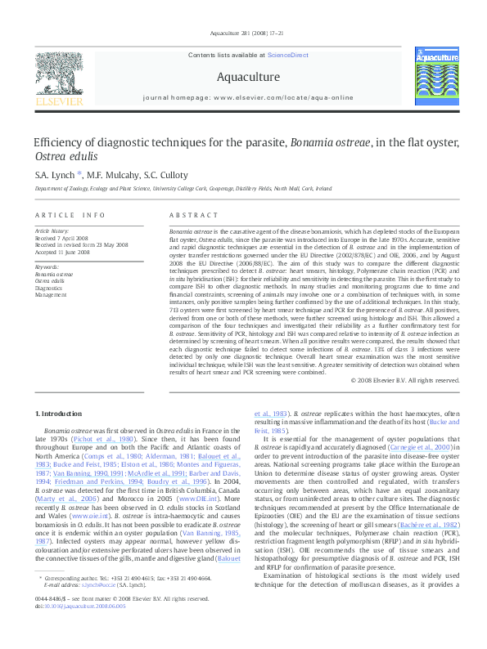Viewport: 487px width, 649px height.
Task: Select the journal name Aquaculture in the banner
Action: coord(248,78)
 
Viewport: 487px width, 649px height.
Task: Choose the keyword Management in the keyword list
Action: coord(51,295)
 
